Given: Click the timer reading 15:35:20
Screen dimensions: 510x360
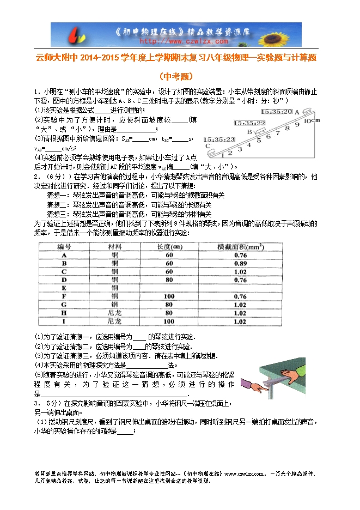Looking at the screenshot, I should (277, 111).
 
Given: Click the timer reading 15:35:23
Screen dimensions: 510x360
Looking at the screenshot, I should (219, 139).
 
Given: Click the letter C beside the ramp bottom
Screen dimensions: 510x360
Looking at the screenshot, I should (208, 146).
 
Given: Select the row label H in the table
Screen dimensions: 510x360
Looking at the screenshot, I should (64, 313).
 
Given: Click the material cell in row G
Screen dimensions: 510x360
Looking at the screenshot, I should (115, 305).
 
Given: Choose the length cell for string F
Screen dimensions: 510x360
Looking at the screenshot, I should (169, 296).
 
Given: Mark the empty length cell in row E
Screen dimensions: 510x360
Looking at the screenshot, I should (169, 288).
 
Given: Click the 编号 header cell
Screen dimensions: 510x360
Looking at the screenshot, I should (64, 247).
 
